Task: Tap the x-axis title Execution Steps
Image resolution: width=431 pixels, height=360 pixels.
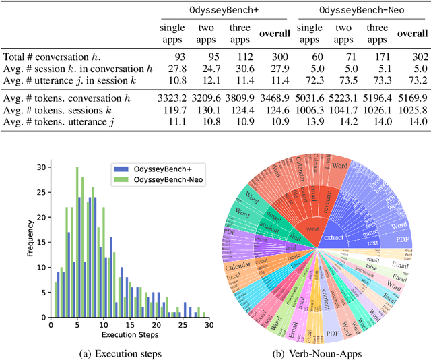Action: click(130, 334)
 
